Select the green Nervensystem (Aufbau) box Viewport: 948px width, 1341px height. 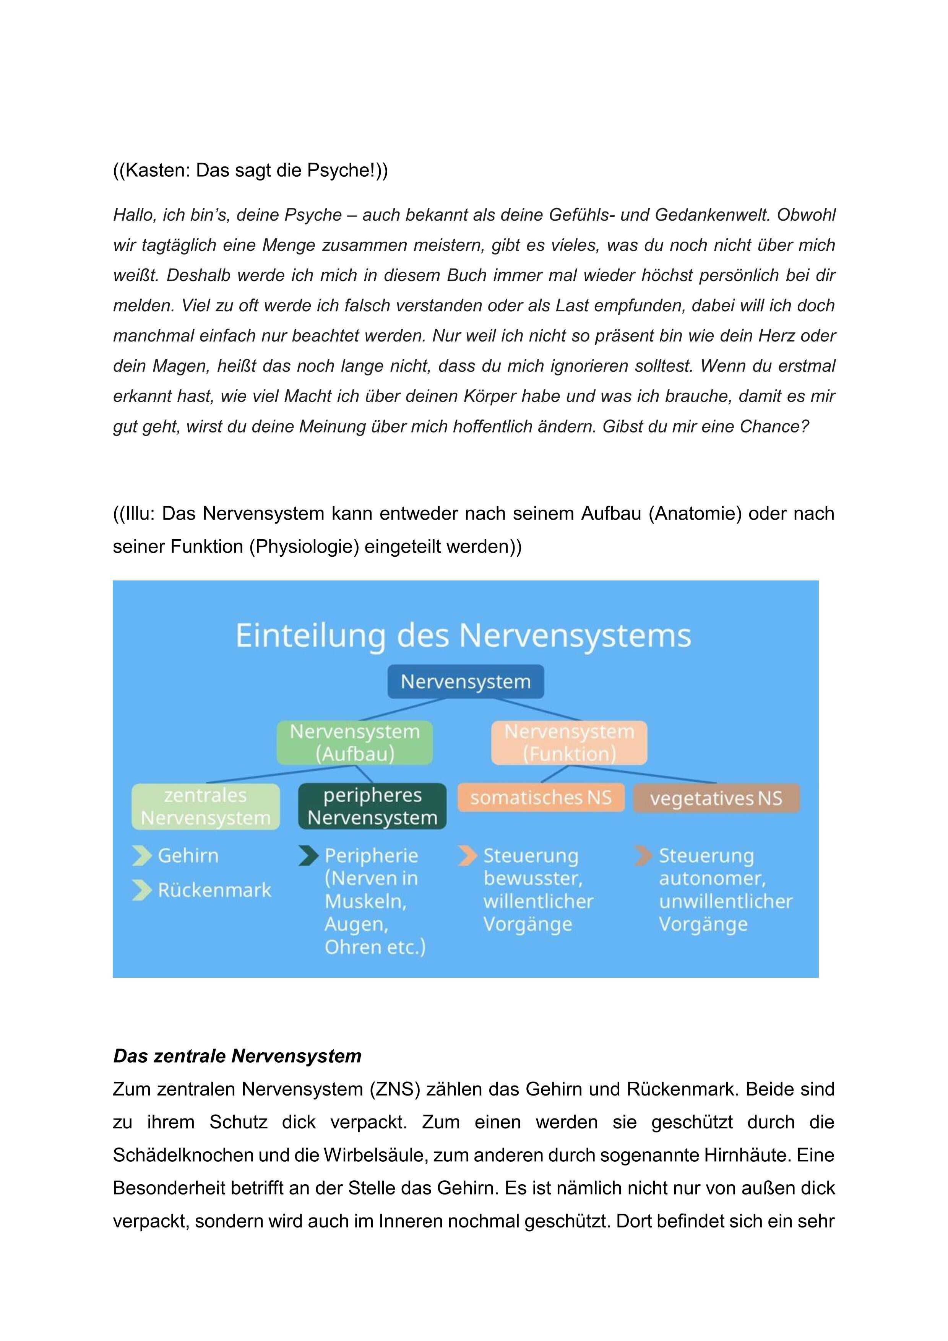coord(354,742)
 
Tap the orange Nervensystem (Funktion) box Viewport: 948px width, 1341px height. coord(569,742)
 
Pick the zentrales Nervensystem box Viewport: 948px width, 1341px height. coord(206,806)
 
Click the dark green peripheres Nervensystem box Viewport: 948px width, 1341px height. coord(372,806)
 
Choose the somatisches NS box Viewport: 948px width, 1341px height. coord(541,798)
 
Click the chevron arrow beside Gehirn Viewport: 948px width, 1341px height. coord(141,856)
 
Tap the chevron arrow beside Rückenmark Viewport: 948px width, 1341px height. coord(141,890)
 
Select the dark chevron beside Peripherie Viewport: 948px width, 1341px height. coord(308,856)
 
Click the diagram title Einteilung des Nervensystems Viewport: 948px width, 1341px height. coord(463,636)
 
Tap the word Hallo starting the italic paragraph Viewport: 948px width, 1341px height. coord(134,215)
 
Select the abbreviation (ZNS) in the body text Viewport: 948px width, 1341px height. coord(394,1089)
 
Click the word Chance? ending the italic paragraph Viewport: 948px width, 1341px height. coord(774,426)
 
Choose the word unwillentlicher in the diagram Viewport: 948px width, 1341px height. coord(726,901)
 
